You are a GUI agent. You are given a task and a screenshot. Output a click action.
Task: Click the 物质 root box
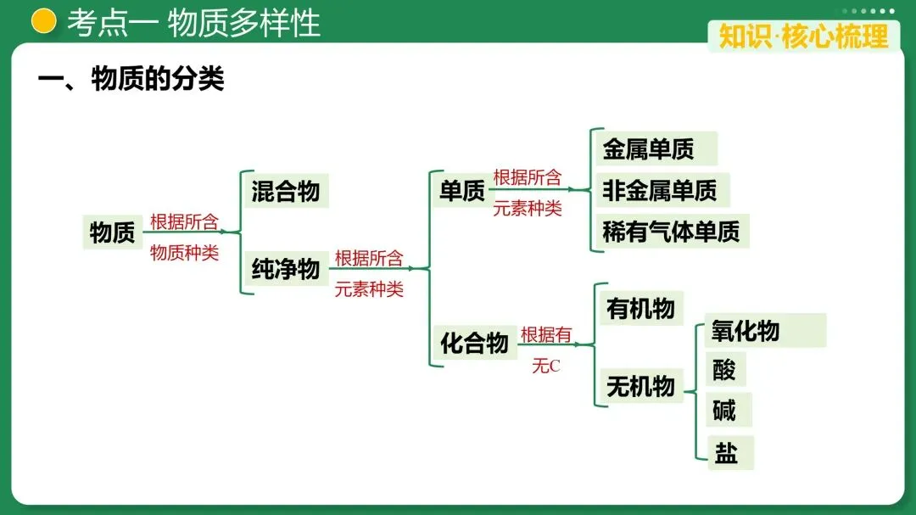[113, 232]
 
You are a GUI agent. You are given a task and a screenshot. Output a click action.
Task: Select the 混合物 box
[286, 191]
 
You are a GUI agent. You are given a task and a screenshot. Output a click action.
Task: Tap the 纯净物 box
[286, 269]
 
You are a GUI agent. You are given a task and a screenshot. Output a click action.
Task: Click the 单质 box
[462, 191]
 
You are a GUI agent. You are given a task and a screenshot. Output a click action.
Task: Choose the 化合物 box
[474, 343]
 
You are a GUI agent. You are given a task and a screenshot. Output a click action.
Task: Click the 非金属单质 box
[660, 190]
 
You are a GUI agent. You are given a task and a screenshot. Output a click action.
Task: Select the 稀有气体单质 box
[671, 231]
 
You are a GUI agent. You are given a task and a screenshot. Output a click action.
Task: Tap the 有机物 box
[640, 309]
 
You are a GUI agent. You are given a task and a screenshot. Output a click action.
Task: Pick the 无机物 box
[640, 387]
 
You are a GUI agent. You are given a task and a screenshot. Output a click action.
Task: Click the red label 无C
[546, 367]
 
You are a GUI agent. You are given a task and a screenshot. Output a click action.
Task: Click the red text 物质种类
[184, 253]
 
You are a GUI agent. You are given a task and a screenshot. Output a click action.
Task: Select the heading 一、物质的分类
[131, 80]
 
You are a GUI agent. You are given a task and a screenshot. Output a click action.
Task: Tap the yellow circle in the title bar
[44, 21]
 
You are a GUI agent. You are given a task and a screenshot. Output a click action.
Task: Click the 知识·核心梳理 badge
[803, 36]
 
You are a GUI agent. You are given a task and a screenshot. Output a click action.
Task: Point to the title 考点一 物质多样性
[194, 23]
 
